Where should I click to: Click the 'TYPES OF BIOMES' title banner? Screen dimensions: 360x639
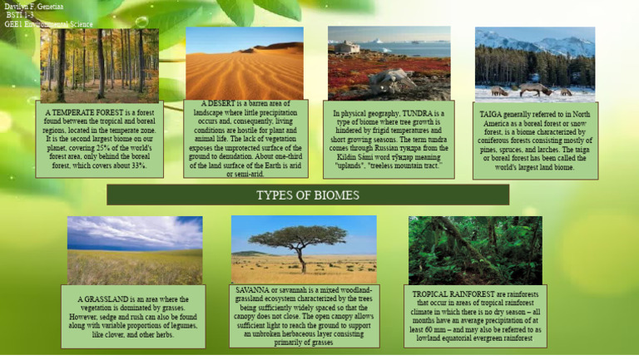click(307, 195)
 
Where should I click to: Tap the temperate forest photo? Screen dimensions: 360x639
click(99, 65)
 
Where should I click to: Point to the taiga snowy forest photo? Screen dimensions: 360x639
click(534, 65)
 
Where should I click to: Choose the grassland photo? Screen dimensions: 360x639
click(135, 249)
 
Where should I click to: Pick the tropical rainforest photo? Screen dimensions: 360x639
click(474, 250)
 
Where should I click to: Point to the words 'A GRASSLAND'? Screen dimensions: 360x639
click(103, 299)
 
